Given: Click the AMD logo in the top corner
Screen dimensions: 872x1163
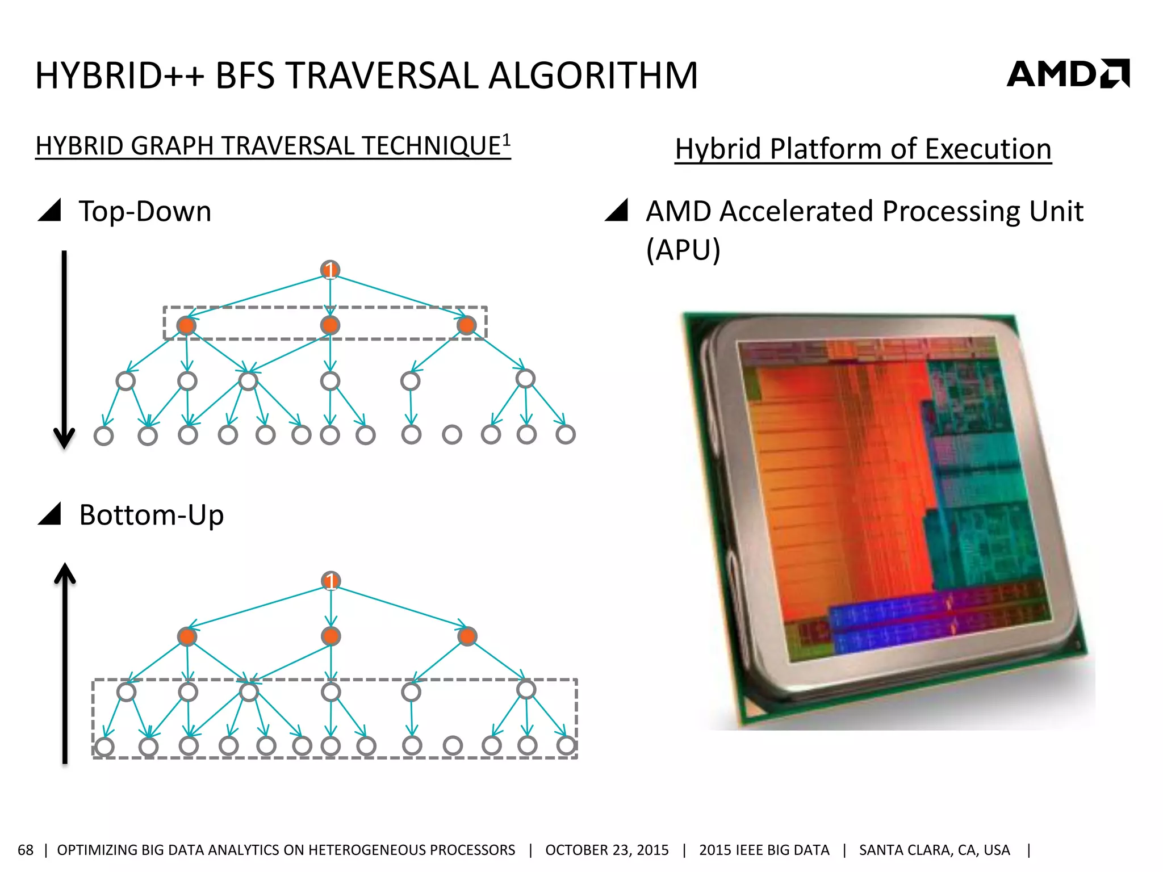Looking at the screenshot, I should click(x=1068, y=74).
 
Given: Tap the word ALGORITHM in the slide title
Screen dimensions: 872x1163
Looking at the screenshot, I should click(x=593, y=76).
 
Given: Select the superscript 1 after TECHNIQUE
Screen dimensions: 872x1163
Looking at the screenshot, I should click(x=506, y=139).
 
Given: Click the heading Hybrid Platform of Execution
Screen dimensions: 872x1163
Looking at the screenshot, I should click(x=863, y=149).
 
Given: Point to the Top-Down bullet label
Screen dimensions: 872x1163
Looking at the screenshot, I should click(x=145, y=211).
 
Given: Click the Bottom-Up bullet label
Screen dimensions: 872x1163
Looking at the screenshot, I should click(x=151, y=515).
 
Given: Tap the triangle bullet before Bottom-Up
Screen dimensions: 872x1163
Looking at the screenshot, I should click(x=51, y=514).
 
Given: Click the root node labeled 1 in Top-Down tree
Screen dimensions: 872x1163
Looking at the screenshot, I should click(x=330, y=270).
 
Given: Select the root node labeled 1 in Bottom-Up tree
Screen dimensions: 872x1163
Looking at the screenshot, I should click(x=331, y=581).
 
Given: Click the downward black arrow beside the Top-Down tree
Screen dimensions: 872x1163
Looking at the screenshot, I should click(x=64, y=349).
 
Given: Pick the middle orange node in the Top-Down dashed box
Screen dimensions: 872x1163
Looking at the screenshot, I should click(x=330, y=325).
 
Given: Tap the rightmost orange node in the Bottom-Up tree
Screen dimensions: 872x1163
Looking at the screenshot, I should click(x=467, y=636).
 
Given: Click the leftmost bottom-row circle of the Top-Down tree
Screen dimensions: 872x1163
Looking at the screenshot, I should click(x=103, y=435).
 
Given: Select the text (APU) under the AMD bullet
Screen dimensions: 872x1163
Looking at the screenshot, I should click(x=683, y=250).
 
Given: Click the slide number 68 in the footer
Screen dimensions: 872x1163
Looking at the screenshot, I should click(x=26, y=850).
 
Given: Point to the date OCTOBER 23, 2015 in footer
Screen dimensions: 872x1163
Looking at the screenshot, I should click(x=606, y=850).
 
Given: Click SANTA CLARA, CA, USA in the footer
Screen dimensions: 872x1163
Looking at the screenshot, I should click(x=934, y=850).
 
